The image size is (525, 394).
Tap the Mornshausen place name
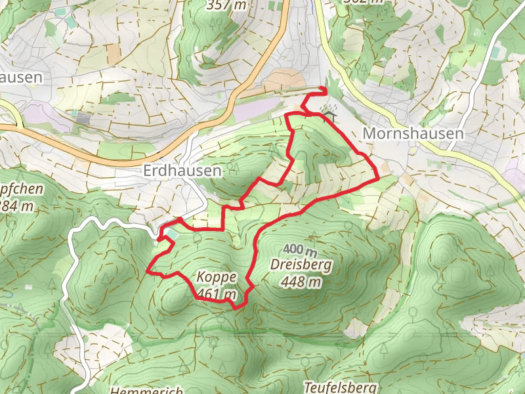[x=413, y=133]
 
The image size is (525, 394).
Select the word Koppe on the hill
[x=215, y=277]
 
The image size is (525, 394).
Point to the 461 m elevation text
[x=216, y=294]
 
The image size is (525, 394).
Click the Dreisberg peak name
[x=301, y=265]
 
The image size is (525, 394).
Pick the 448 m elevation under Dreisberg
[x=301, y=282]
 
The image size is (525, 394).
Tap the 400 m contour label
[x=301, y=250]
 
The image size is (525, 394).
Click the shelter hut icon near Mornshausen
[x=329, y=117]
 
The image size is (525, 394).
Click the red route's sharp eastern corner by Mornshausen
[x=379, y=177]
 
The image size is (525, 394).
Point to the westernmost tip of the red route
[x=147, y=271]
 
